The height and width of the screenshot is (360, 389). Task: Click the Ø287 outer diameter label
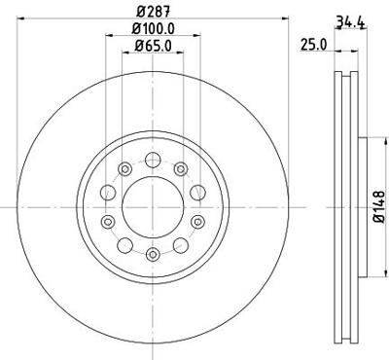pos(152,11)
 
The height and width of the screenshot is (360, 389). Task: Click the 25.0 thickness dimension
pos(311,44)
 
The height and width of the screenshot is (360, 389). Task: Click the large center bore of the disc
pos(153,206)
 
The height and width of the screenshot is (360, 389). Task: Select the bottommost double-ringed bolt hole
pos(153,254)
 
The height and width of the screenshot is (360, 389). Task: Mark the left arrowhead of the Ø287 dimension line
pos(17,18)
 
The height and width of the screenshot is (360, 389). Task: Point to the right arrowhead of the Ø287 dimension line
pos(287,18)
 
